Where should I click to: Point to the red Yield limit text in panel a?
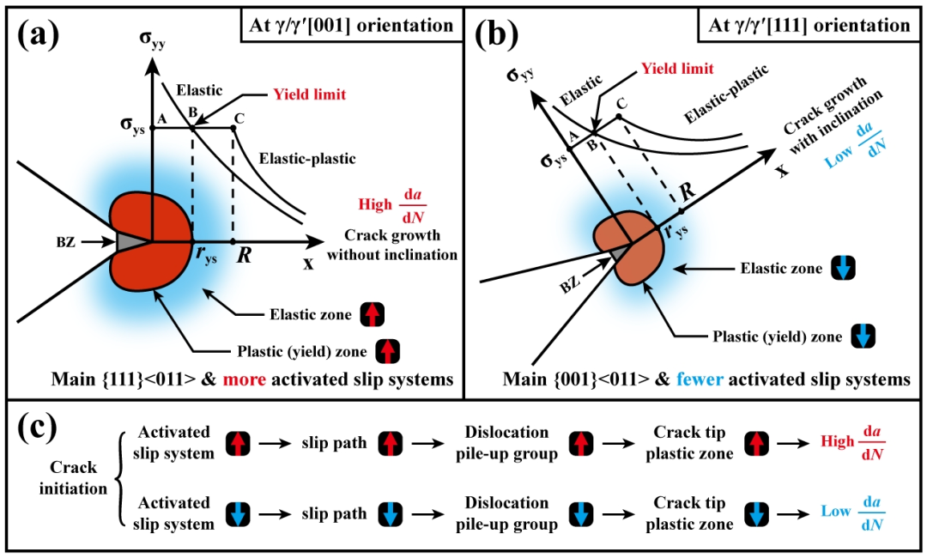point(309,94)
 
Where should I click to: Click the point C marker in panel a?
point(233,128)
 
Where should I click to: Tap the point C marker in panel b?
point(619,115)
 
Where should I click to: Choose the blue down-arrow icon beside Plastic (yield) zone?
point(862,337)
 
